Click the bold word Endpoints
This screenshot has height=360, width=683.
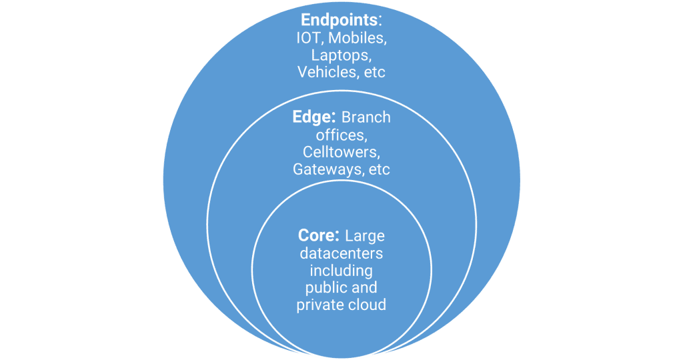click(x=330, y=20)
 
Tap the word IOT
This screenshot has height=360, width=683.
click(x=308, y=38)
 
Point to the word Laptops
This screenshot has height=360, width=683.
click(x=341, y=55)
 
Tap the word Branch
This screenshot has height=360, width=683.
click(x=366, y=117)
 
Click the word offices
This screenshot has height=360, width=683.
click(x=341, y=135)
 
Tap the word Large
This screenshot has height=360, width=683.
click(x=366, y=236)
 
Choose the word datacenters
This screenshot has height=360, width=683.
click(x=341, y=253)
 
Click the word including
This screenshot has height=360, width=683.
click(x=341, y=271)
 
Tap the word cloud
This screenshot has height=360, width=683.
click(x=368, y=305)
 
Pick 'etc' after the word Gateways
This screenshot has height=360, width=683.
click(x=378, y=169)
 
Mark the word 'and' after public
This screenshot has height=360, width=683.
click(x=365, y=288)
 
